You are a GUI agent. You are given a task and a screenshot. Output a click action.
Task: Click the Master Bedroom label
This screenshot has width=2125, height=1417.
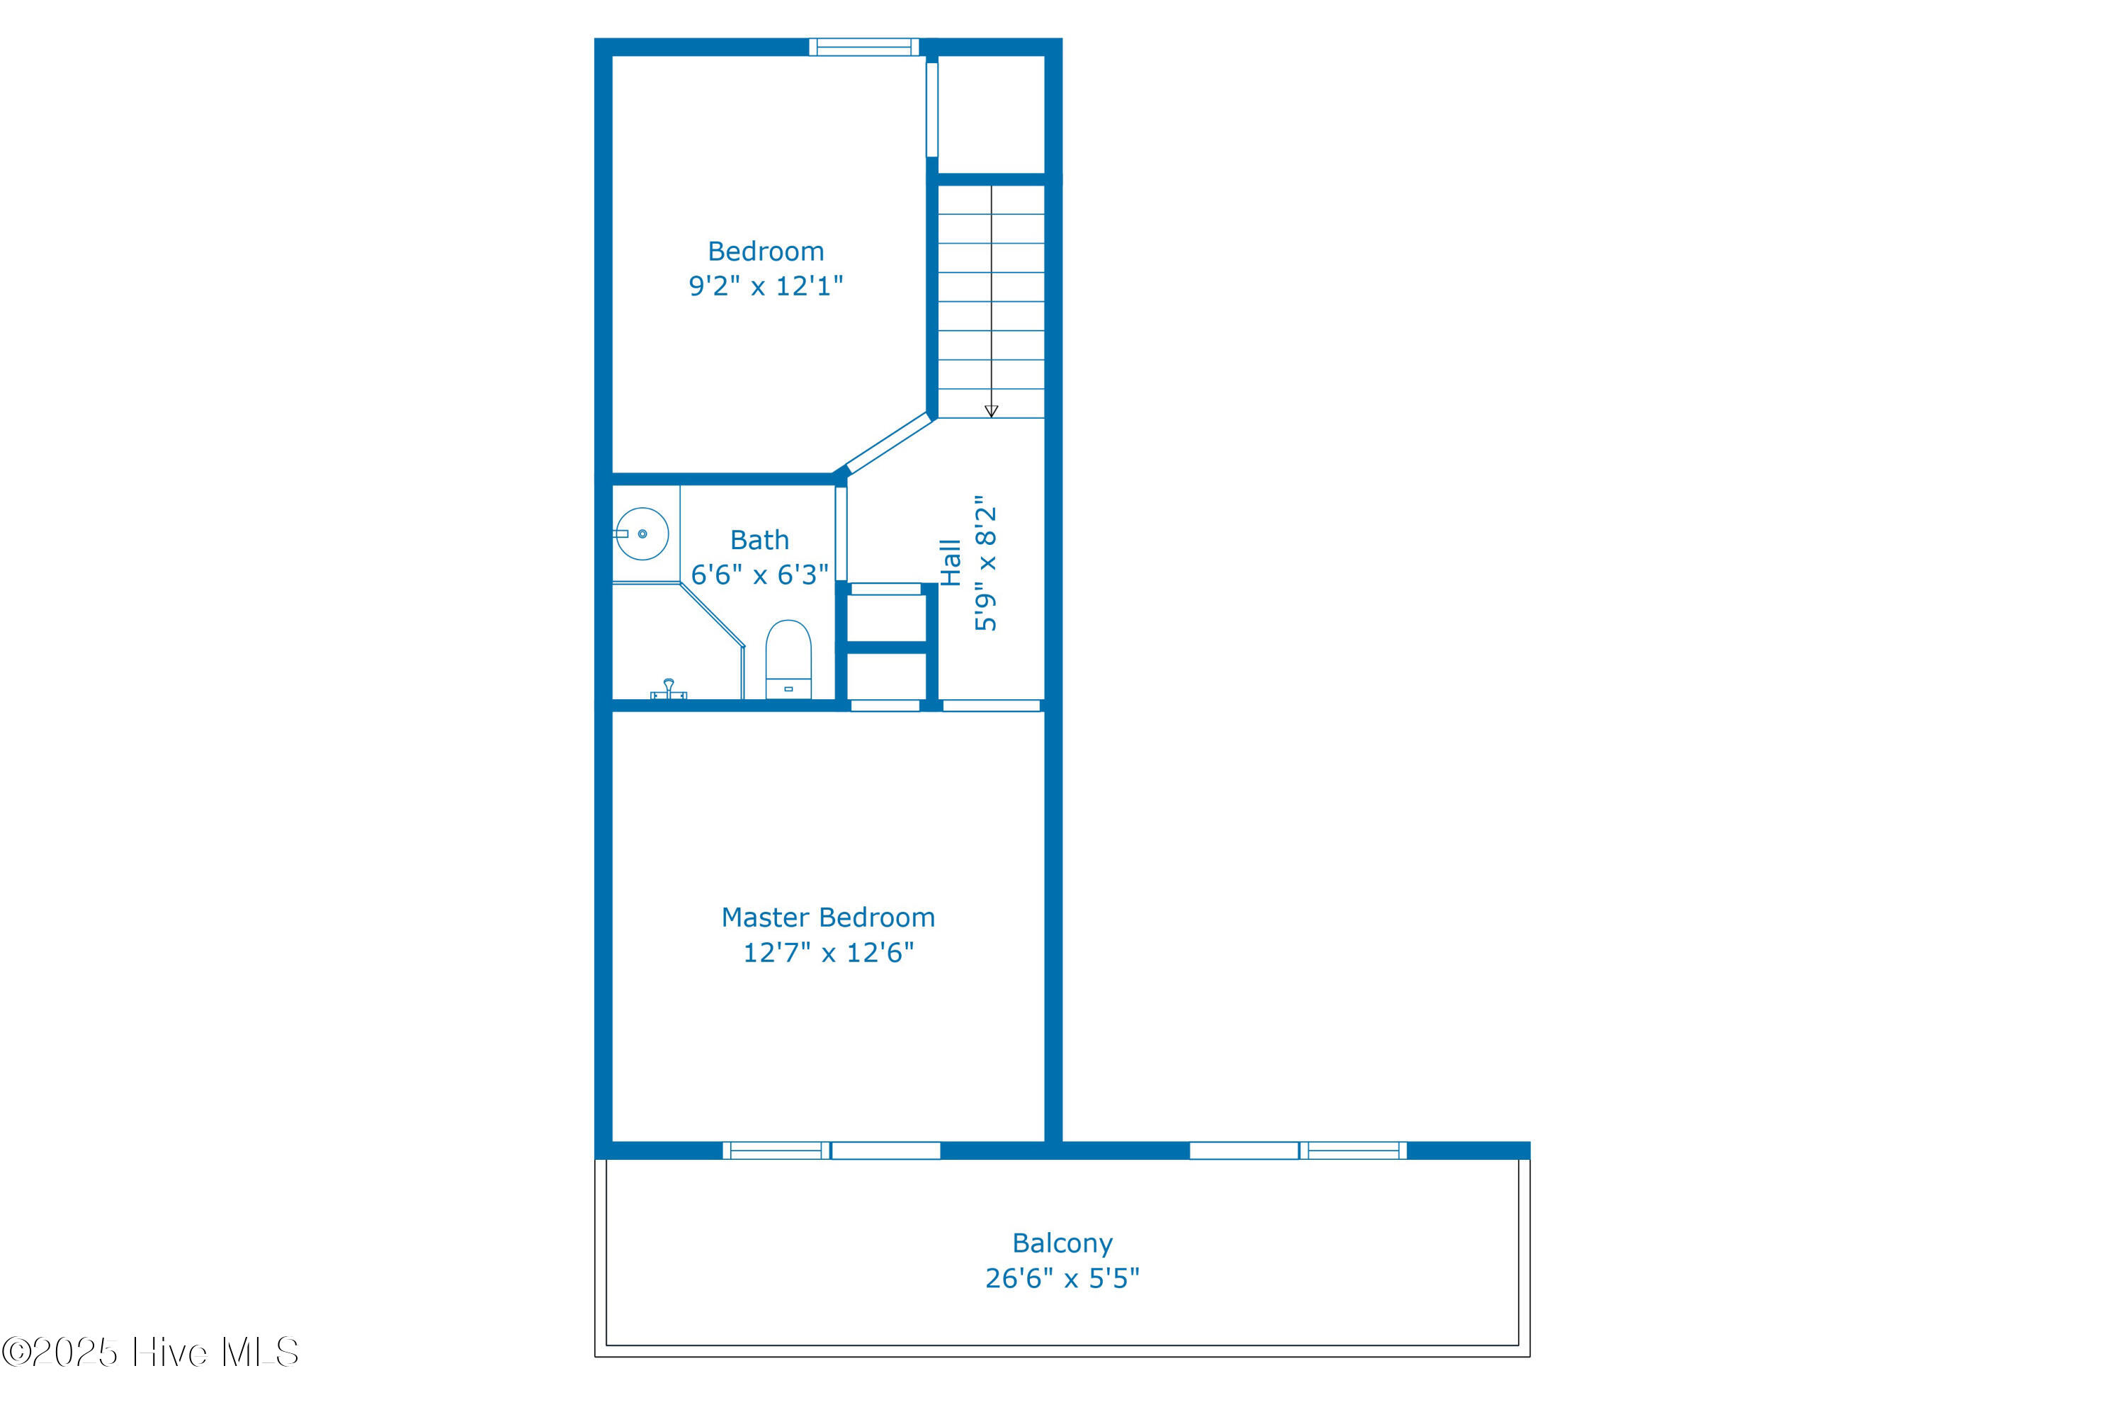pos(827,918)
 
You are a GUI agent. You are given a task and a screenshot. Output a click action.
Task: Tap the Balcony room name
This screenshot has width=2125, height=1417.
pos(1062,1243)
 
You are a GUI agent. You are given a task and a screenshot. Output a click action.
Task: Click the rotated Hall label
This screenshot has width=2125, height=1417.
pos(950,562)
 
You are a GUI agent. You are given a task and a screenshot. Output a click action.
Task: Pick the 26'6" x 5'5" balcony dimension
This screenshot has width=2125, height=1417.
pos(1062,1278)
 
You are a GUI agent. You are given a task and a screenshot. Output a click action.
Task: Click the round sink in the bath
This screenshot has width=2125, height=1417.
pos(642,534)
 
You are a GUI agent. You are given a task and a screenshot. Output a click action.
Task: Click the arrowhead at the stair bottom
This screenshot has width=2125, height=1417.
pos(991,411)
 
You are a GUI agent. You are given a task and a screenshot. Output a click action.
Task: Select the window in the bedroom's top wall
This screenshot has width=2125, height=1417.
pos(863,47)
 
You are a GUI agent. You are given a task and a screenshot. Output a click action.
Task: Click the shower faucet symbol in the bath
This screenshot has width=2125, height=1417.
pos(669,689)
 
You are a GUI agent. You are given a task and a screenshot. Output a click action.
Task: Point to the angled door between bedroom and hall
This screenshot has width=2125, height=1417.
pos(888,443)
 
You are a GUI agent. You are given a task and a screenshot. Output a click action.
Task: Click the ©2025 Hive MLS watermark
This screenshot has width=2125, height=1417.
pos(150,1352)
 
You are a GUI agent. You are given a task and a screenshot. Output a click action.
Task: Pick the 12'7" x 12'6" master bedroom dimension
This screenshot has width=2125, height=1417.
pos(827,952)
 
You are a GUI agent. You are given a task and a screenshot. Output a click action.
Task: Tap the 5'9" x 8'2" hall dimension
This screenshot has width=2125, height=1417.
pos(985,562)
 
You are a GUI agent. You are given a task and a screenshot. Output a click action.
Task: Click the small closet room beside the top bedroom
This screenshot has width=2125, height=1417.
pos(991,114)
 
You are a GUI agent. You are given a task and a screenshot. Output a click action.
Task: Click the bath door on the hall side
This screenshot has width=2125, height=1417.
pos(841,534)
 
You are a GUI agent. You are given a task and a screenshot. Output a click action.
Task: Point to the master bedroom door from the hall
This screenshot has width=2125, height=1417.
pos(991,706)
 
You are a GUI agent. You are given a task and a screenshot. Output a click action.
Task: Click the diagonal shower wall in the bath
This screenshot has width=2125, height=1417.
pos(712,616)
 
